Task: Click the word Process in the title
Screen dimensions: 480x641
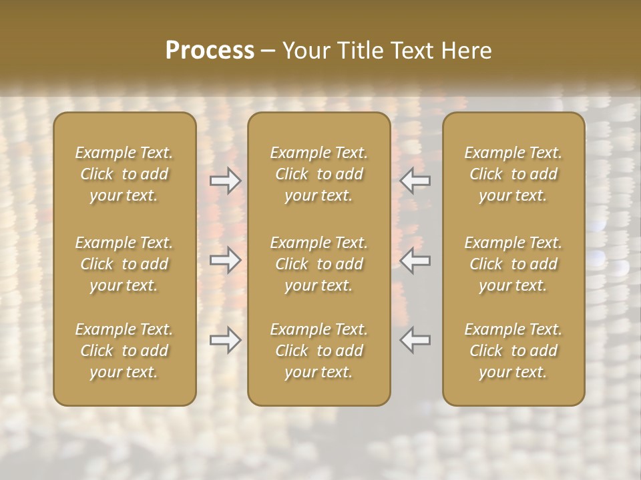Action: (210, 50)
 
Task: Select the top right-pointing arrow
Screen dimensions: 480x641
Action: (226, 181)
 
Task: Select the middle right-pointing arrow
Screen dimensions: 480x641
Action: (226, 261)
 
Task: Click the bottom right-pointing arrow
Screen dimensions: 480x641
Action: (226, 341)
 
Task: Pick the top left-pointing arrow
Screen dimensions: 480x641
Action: (415, 181)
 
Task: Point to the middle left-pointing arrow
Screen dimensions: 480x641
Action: (415, 261)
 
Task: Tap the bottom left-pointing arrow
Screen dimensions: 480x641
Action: (415, 341)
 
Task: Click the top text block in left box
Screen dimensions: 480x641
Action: (124, 174)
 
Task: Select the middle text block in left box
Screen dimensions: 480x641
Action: (124, 264)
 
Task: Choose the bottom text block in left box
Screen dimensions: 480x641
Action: (124, 351)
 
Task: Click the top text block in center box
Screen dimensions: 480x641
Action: (319, 174)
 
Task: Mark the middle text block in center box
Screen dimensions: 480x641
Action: (319, 264)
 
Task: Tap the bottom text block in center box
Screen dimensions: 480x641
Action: (319, 351)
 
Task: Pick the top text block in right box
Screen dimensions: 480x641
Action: (513, 174)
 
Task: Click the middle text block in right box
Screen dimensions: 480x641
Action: (513, 264)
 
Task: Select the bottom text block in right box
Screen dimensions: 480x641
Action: (513, 351)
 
